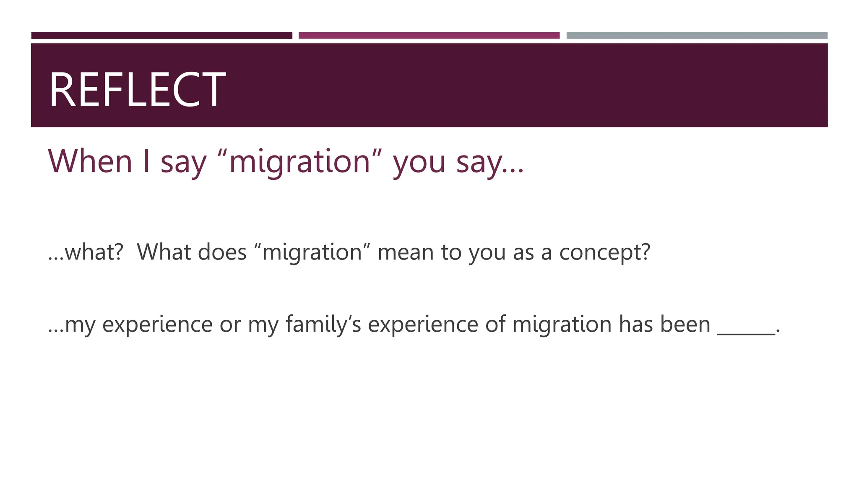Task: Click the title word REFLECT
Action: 137,90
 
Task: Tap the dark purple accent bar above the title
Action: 161,36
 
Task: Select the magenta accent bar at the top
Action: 429,36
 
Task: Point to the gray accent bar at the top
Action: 697,36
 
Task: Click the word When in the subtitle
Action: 90,161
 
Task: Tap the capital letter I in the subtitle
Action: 146,161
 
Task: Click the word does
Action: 222,252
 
